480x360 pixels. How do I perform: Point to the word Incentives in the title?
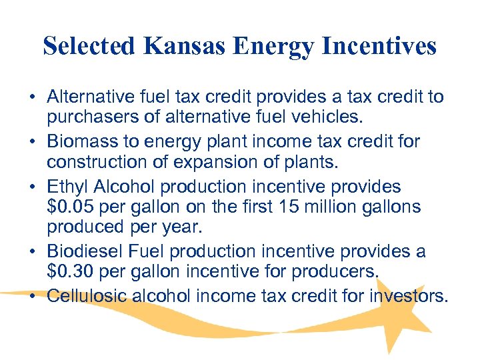376,46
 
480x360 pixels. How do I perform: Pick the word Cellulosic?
87,295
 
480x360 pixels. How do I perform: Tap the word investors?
409,295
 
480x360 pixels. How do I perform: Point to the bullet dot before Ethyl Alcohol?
32,187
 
